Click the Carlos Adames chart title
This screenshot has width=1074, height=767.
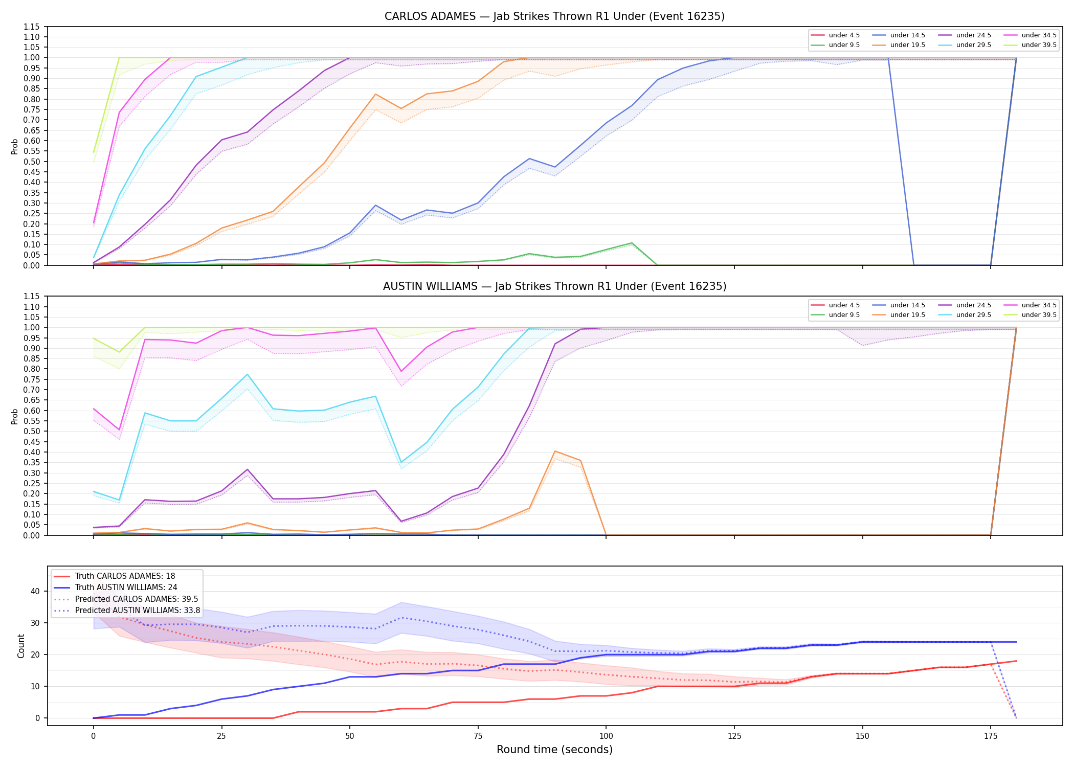pos(554,16)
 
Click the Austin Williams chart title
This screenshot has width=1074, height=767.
pos(554,286)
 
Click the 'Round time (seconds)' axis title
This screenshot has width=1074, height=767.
pos(554,750)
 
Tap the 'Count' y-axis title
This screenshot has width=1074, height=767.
pos(21,646)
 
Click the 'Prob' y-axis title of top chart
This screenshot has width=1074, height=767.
pos(15,147)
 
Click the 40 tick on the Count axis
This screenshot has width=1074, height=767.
pos(35,591)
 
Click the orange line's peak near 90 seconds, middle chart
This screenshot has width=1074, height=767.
pos(555,451)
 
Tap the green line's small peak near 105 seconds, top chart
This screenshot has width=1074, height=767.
pos(632,243)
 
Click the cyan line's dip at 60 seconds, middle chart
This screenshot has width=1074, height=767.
pos(401,462)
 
